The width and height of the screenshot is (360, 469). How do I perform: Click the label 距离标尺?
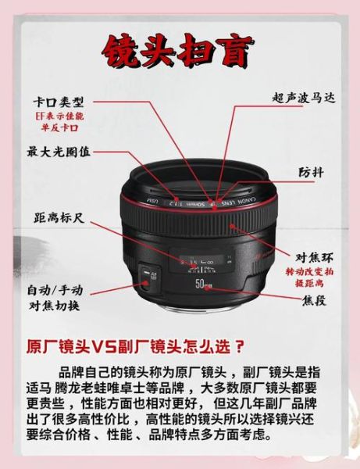point(59,220)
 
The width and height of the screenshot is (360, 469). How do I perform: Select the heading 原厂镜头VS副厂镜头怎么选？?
point(136,345)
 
